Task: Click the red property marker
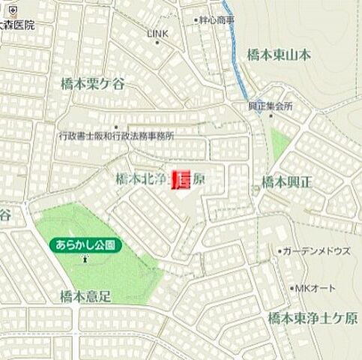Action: click(x=181, y=180)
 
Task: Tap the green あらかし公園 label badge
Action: click(x=86, y=244)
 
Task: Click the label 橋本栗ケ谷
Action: click(x=93, y=84)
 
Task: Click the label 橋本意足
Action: click(x=85, y=296)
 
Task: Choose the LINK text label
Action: click(x=157, y=34)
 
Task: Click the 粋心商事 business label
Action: click(x=216, y=20)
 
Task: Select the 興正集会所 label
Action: click(x=271, y=106)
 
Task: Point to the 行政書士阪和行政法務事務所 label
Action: click(x=116, y=136)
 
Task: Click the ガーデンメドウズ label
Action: click(x=317, y=251)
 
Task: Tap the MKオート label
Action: click(x=317, y=288)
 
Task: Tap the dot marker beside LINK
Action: click(x=157, y=43)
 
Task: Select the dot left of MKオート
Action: click(x=292, y=288)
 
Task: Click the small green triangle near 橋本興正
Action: click(x=280, y=143)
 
